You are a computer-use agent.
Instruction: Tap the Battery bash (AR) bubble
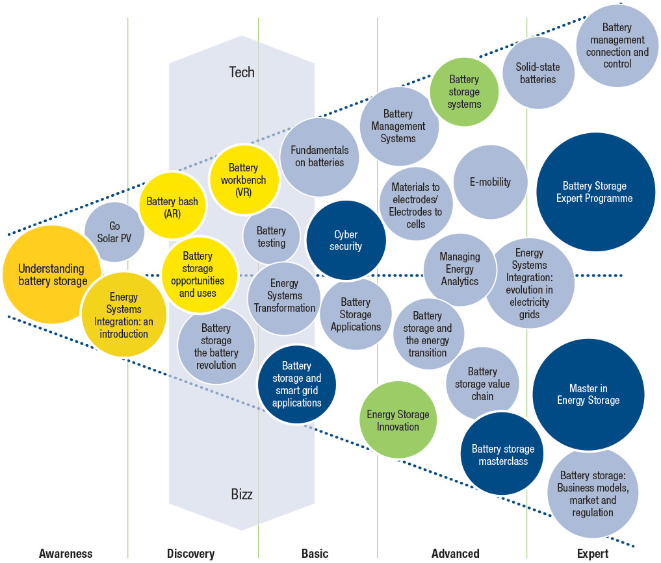coord(172,207)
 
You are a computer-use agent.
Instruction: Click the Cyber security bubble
coord(346,240)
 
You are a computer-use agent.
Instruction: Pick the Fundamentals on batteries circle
coord(320,156)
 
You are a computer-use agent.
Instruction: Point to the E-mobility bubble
coord(490,182)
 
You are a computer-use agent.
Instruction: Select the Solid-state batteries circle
coord(538,73)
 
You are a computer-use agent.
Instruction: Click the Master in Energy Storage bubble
coord(588,394)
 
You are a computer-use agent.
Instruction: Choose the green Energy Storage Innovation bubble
coord(398,420)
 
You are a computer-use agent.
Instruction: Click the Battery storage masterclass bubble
coord(503,455)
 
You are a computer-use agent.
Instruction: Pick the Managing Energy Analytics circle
coord(460,269)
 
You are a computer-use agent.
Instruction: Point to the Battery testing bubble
coord(271,236)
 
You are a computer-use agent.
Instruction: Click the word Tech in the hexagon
coord(242,71)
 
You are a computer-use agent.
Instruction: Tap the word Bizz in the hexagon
coord(242,494)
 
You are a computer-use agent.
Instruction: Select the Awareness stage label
coord(66,554)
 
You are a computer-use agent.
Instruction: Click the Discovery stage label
coord(190,554)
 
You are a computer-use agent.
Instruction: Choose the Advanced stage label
coord(455,554)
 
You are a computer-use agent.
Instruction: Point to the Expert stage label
coord(593,554)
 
